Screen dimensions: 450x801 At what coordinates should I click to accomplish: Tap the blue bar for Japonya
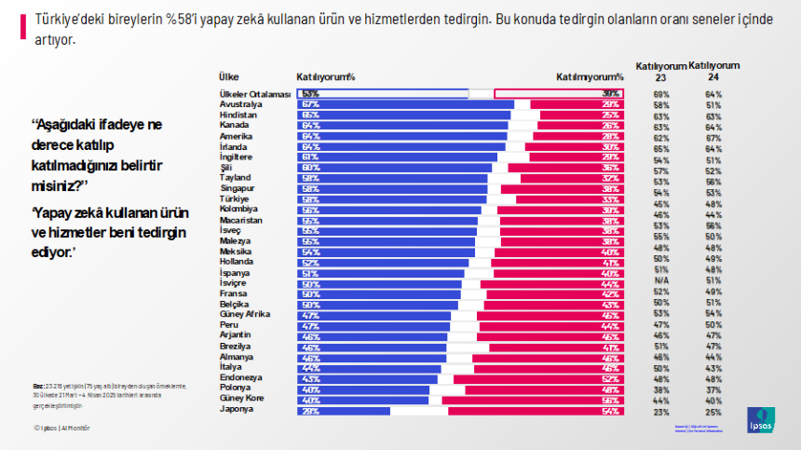345,411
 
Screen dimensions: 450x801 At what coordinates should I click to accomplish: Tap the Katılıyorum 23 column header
660,72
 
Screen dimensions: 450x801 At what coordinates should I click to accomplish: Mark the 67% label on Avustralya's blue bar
310,104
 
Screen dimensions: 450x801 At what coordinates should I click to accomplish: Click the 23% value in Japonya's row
661,411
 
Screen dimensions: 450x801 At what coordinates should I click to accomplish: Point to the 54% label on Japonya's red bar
611,411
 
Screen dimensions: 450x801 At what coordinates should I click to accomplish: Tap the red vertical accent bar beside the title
21,27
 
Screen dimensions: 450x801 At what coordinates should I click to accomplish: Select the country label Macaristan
240,220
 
